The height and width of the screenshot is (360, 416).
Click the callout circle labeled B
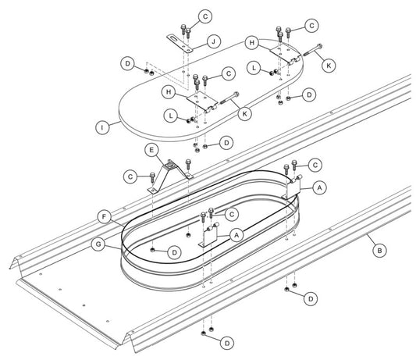(379, 251)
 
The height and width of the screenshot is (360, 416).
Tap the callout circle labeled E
(151, 150)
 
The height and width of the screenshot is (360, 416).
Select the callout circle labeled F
(105, 217)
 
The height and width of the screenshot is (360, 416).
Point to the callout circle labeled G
(98, 244)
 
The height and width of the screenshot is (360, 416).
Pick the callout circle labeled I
(102, 128)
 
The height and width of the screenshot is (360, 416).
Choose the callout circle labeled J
(214, 41)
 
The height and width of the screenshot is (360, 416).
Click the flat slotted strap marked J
(180, 44)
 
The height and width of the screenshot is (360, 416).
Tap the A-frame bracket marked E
(170, 176)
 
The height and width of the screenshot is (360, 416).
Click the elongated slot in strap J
(174, 40)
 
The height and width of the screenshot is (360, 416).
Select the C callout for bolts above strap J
(205, 16)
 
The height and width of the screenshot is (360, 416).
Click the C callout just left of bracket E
(130, 176)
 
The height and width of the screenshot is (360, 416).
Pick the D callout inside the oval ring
(174, 252)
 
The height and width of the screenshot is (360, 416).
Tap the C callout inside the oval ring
(232, 214)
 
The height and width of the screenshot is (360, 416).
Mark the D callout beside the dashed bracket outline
(128, 64)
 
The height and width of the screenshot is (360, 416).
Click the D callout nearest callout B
(311, 299)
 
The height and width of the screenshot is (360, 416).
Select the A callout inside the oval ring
(237, 235)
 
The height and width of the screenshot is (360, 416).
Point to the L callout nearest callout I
(171, 116)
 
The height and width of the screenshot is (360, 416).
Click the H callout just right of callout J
(252, 43)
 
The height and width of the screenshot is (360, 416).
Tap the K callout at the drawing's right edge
(329, 66)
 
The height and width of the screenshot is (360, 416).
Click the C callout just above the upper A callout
(315, 165)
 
